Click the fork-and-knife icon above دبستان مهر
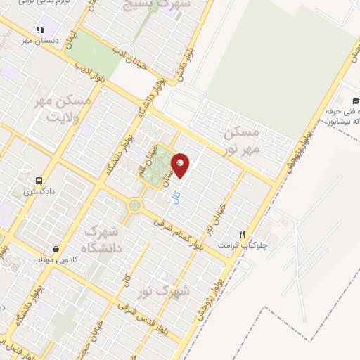39,30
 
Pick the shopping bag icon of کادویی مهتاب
56,249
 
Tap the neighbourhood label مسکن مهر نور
241,140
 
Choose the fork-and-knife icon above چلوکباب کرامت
242,233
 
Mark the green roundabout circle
134,205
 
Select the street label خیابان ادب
129,56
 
